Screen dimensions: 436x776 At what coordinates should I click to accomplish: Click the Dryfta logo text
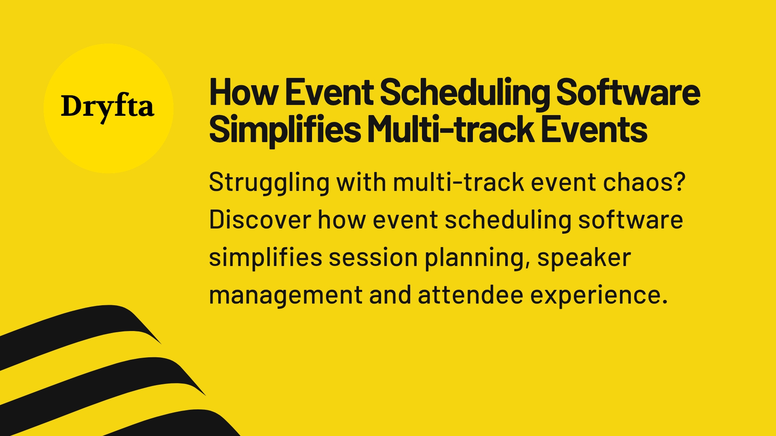tap(108, 107)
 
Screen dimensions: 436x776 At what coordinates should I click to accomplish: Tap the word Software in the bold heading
tap(628, 93)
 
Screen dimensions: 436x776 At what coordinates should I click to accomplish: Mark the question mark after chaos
tap(680, 182)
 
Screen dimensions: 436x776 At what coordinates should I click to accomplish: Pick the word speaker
tap(584, 258)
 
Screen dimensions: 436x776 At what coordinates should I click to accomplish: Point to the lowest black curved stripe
tap(190, 424)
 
